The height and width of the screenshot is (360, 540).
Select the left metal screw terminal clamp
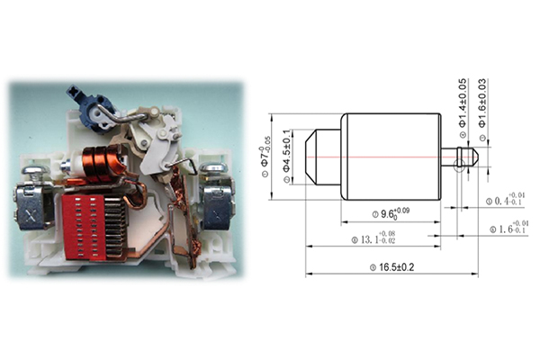pos(32,204)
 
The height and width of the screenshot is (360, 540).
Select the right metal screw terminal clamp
pos(216,202)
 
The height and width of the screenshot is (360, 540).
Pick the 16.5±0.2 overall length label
pos(391,266)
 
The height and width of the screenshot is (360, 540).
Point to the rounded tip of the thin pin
pos(474,155)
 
